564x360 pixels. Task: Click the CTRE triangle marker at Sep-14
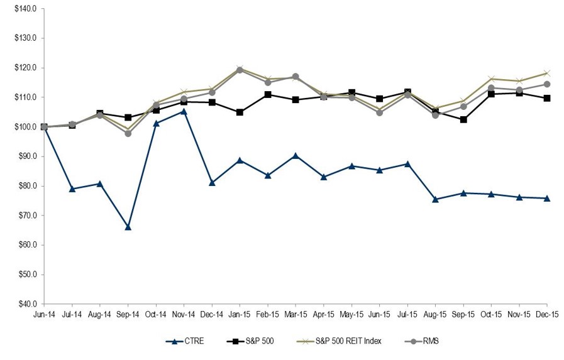pos(128,227)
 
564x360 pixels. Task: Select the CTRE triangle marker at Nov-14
pos(184,111)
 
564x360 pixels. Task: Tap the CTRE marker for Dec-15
pos(547,198)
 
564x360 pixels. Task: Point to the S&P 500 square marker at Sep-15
pos(463,119)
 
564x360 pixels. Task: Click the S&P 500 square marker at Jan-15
pos(240,112)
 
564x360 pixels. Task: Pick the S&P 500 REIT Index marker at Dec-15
pos(547,73)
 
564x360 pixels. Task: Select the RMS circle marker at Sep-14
pos(128,133)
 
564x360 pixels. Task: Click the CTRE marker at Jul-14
pos(72,188)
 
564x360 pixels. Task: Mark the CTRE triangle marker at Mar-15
pos(296,155)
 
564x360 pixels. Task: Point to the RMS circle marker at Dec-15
pos(547,84)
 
